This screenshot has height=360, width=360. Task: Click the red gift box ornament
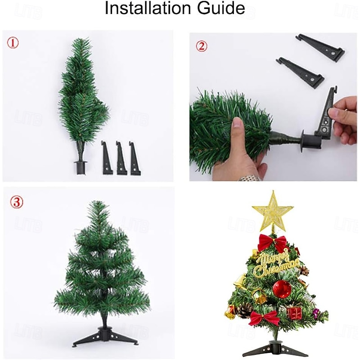[295, 313]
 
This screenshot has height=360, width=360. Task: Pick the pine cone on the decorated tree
[245, 310]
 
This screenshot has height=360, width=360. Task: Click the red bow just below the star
[272, 243]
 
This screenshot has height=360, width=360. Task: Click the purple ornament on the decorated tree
[316, 313]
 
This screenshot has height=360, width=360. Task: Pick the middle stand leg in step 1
[121, 158]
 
